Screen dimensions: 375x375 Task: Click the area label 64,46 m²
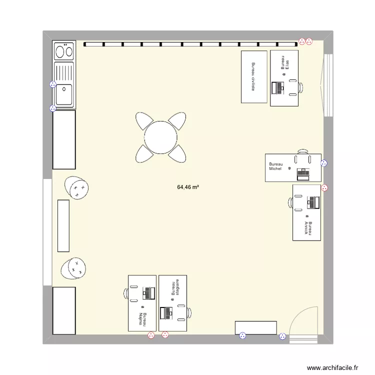coord(188,187)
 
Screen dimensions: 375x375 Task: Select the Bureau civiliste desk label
coord(253,76)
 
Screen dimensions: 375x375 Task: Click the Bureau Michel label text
coord(275,166)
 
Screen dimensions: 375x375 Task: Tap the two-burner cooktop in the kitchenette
coord(64,51)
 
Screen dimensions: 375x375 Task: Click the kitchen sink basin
coord(64,94)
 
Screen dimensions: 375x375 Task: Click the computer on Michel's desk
coord(303,174)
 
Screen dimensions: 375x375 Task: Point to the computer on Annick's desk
coord(313,202)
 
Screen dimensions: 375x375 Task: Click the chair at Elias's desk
coord(300,87)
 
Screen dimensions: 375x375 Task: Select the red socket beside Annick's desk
coord(324,188)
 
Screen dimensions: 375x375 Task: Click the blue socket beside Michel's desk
coord(324,162)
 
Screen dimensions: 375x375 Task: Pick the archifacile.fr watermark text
coord(332,367)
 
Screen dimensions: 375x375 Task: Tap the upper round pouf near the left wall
coord(76,188)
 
